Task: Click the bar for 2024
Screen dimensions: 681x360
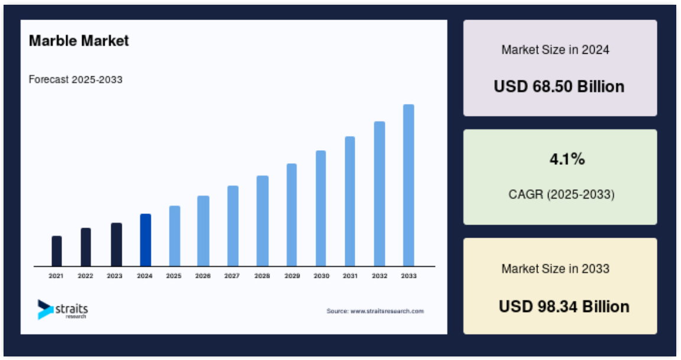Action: pyautogui.click(x=145, y=240)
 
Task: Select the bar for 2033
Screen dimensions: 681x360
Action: pyautogui.click(x=408, y=186)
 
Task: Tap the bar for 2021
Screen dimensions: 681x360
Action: pyautogui.click(x=57, y=251)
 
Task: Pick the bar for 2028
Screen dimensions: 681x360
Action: pyautogui.click(x=262, y=221)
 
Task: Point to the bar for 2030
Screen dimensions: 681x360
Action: pyautogui.click(x=320, y=209)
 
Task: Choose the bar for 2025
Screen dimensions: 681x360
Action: pyautogui.click(x=174, y=236)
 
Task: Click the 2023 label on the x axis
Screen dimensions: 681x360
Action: pyautogui.click(x=115, y=275)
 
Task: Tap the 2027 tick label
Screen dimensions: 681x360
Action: pyautogui.click(x=232, y=275)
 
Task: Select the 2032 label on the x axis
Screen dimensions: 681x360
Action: pyautogui.click(x=380, y=275)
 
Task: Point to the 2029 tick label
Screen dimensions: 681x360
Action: pyautogui.click(x=292, y=275)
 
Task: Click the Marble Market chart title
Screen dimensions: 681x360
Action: pyautogui.click(x=79, y=41)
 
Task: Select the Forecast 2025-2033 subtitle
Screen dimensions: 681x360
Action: pyautogui.click(x=76, y=79)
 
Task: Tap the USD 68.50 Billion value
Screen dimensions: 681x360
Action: pyautogui.click(x=559, y=86)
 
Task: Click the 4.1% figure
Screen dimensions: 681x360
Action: pyautogui.click(x=567, y=159)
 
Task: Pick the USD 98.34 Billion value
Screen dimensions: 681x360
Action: pyautogui.click(x=564, y=307)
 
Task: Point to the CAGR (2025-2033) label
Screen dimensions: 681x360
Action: pyautogui.click(x=562, y=194)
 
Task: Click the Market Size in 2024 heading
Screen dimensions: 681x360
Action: pyautogui.click(x=556, y=50)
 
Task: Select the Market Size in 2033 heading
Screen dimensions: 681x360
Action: pyautogui.click(x=556, y=269)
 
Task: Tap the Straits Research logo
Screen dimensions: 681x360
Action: pyautogui.click(x=63, y=310)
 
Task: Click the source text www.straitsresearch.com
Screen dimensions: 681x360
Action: pyautogui.click(x=387, y=311)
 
